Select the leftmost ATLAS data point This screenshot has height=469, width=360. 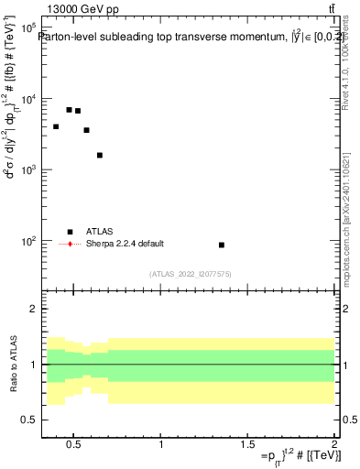(56, 126)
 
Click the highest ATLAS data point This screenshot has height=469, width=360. (69, 109)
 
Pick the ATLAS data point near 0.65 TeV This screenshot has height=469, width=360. (100, 155)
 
